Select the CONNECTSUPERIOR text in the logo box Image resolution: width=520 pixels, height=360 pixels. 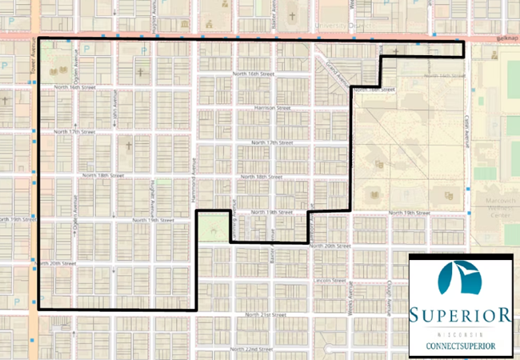point(459,345)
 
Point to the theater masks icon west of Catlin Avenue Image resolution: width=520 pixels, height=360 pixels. point(449,194)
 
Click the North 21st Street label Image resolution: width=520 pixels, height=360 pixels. point(266,315)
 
